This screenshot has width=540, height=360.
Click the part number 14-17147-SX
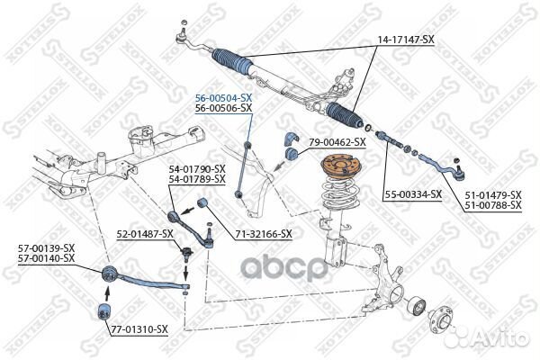pyautogui.click(x=406, y=40)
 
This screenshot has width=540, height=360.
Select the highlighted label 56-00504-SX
pyautogui.click(x=223, y=98)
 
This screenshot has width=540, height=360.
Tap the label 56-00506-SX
pyautogui.click(x=223, y=108)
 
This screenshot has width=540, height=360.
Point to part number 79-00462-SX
pyautogui.click(x=337, y=142)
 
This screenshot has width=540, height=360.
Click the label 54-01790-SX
pyautogui.click(x=197, y=169)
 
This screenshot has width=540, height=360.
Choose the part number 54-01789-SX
pyautogui.click(x=197, y=179)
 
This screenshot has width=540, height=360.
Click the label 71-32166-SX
pyautogui.click(x=264, y=234)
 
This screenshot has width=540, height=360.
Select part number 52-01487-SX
pyautogui.click(x=145, y=234)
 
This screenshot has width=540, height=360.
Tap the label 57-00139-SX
pyautogui.click(x=46, y=248)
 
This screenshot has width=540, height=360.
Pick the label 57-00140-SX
pyautogui.click(x=46, y=258)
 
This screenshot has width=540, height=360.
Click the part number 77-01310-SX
pyautogui.click(x=139, y=329)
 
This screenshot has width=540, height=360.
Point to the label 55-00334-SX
pyautogui.click(x=413, y=194)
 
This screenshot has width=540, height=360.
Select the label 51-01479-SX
pyautogui.click(x=493, y=195)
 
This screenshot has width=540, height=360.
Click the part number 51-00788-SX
pyautogui.click(x=493, y=205)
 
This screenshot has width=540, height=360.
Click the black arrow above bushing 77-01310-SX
pyautogui.click(x=107, y=293)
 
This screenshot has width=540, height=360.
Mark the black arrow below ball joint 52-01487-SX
pyautogui.click(x=185, y=272)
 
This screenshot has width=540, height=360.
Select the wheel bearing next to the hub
pyautogui.click(x=416, y=306)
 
